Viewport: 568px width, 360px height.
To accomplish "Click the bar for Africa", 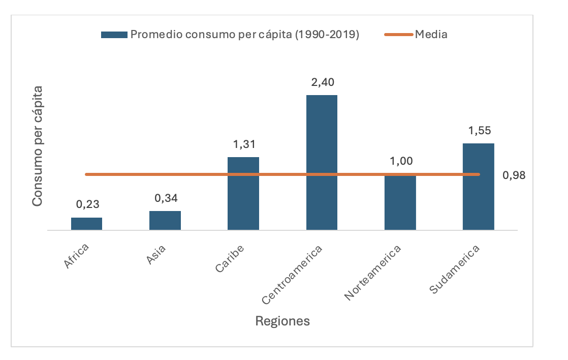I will [86, 224].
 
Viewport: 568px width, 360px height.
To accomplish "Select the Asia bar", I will [165, 220].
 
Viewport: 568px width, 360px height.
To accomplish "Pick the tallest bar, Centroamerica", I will [322, 162].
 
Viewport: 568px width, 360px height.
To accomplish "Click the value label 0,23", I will [87, 204].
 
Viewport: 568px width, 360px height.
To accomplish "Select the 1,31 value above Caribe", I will [244, 144].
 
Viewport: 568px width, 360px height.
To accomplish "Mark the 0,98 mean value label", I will [514, 175].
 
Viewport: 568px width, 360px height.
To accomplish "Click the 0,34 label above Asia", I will [166, 198].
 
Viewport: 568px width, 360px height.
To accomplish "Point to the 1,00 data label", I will [400, 162].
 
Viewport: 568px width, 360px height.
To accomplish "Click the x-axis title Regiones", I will [282, 321].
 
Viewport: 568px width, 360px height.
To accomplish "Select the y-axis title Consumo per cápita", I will [37, 146].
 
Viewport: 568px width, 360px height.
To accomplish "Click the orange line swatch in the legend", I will [399, 35].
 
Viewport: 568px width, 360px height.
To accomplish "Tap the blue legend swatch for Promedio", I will [114, 35].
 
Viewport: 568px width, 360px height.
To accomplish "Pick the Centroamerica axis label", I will [294, 275].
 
